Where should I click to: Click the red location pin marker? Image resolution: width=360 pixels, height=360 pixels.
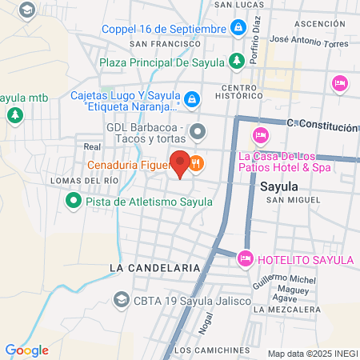pyautogui.click(x=181, y=164)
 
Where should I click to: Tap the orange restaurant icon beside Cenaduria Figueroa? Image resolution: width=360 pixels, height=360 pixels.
pyautogui.click(x=197, y=166)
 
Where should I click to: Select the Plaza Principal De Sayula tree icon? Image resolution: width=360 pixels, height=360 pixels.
pyautogui.click(x=237, y=61)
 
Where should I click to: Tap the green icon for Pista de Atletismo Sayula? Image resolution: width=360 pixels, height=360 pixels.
pyautogui.click(x=74, y=202)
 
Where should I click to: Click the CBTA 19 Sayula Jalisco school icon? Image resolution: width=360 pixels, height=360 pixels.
pyautogui.click(x=121, y=300)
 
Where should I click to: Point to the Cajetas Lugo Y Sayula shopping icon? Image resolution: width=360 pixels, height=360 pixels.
pyautogui.click(x=191, y=99)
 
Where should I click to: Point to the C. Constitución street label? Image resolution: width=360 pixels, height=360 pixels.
pyautogui.click(x=322, y=126)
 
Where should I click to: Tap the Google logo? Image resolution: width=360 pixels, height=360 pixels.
pyautogui.click(x=26, y=350)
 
